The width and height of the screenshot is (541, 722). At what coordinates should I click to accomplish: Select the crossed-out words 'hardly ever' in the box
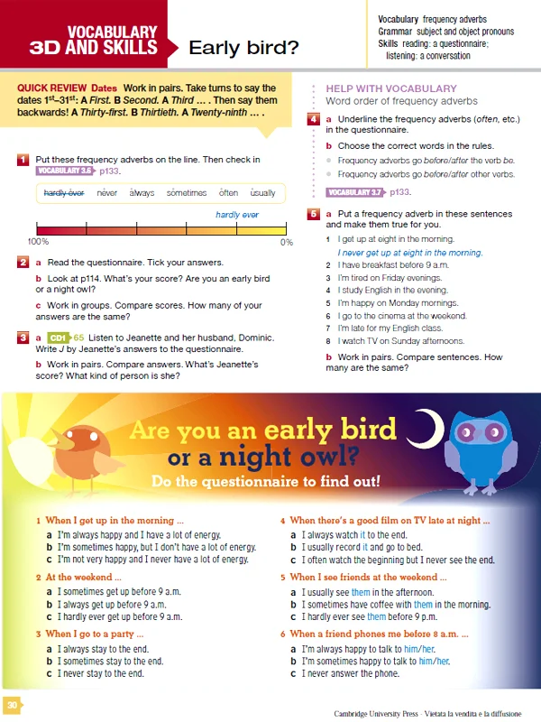click(63, 193)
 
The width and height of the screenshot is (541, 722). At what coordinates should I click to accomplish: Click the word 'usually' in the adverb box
click(262, 193)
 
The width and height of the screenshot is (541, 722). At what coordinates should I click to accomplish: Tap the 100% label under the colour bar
click(38, 242)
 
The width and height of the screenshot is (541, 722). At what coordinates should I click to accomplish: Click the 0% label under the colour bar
click(286, 242)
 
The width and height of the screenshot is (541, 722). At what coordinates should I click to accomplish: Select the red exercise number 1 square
click(23, 160)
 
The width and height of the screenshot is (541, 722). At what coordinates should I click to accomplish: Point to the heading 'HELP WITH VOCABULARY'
click(390, 88)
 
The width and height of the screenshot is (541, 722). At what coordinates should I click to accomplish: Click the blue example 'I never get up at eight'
click(409, 254)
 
